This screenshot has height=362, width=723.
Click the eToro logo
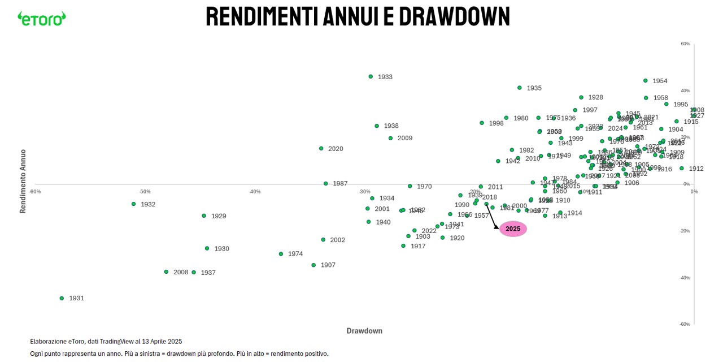41,18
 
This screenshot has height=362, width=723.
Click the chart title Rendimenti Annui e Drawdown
358,16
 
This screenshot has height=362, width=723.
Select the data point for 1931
62,298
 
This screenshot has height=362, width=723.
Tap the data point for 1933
371,76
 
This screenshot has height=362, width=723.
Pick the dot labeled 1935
520,88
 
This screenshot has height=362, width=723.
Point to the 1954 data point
646,81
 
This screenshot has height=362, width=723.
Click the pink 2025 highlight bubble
513,229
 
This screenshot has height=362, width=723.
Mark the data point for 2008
166,272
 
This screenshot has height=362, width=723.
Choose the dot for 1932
134,204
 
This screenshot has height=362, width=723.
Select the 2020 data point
321,149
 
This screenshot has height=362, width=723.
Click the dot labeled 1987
326,183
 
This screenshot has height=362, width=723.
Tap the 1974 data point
281,254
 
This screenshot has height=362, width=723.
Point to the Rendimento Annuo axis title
23,181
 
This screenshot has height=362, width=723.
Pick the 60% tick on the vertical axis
685,44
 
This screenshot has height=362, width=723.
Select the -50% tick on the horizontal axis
145,191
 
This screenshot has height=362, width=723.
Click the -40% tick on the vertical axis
685,278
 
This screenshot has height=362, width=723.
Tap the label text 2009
405,138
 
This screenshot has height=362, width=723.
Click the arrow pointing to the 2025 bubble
492,216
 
